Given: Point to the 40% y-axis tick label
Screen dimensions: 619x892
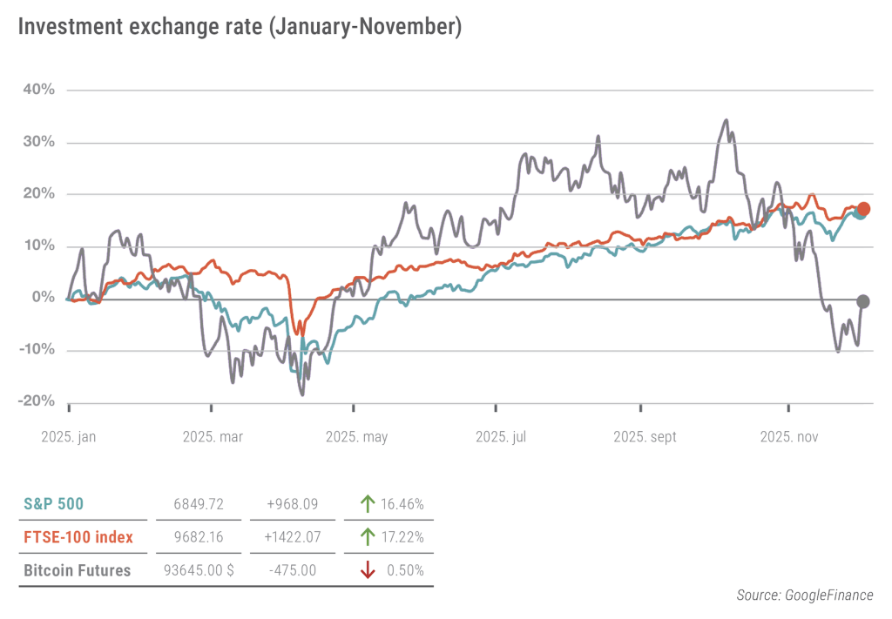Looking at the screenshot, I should pyautogui.click(x=37, y=90).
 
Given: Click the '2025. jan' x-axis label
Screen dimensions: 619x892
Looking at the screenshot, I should pyautogui.click(x=69, y=437).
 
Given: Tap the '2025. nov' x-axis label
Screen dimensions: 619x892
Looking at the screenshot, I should pyautogui.click(x=788, y=437).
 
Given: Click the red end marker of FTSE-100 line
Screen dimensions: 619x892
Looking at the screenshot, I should pyautogui.click(x=863, y=209).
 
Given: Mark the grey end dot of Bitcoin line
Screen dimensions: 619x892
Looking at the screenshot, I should pyautogui.click(x=863, y=301).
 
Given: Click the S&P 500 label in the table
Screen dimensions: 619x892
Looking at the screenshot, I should pyautogui.click(x=52, y=503).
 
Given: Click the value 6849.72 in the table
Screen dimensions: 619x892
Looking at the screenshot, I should pyautogui.click(x=199, y=503).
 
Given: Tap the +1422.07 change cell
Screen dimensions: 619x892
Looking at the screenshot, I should pyautogui.click(x=293, y=537).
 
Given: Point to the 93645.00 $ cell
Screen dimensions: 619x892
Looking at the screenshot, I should pyautogui.click(x=199, y=571).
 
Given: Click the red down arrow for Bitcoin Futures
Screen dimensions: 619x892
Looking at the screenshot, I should pyautogui.click(x=367, y=571).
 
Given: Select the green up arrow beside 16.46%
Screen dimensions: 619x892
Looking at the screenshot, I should pyautogui.click(x=367, y=503).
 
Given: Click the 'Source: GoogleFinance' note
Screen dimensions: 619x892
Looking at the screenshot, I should pyautogui.click(x=805, y=595).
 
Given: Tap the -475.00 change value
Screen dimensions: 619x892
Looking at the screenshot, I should pyautogui.click(x=293, y=571).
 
